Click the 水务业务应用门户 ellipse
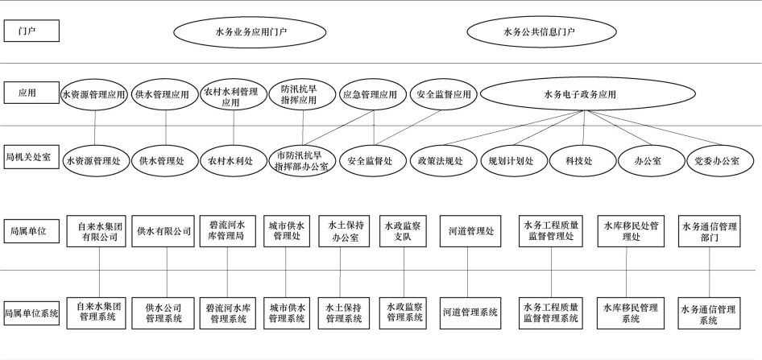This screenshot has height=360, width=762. point(252,33)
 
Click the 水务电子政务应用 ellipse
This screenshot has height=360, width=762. point(581,95)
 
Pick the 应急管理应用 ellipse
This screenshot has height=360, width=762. point(370,95)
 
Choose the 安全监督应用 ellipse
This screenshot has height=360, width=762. point(444,95)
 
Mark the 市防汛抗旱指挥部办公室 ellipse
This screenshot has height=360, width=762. point(302,160)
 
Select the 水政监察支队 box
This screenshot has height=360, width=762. point(403,230)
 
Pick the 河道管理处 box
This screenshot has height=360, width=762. point(472,230)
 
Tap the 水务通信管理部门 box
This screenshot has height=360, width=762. point(709,232)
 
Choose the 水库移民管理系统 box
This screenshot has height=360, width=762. point(631,312)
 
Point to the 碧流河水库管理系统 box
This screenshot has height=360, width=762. point(227,312)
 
